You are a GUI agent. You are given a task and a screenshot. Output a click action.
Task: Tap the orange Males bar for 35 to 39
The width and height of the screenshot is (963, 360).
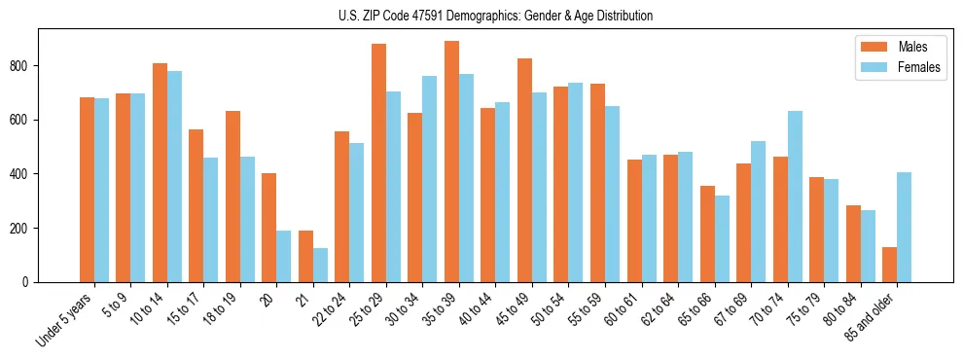point(451,162)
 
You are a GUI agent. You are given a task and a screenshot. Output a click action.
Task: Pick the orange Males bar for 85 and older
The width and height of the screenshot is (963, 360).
point(890,265)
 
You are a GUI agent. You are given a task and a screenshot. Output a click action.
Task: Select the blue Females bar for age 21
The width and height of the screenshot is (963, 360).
point(320,265)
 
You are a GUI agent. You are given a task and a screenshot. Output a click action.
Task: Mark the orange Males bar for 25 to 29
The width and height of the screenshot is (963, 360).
point(378,162)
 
